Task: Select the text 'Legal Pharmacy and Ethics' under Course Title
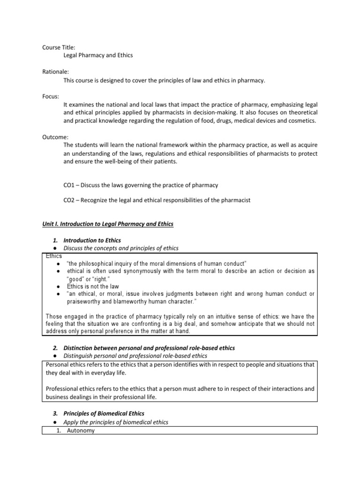tap(98, 55)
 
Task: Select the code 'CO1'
tap(69, 185)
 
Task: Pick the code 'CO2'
tap(69, 200)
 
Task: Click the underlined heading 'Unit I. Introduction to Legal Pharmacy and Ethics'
tap(108, 225)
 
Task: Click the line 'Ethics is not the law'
tap(93, 286)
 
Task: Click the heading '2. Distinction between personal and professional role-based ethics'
tap(149, 348)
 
